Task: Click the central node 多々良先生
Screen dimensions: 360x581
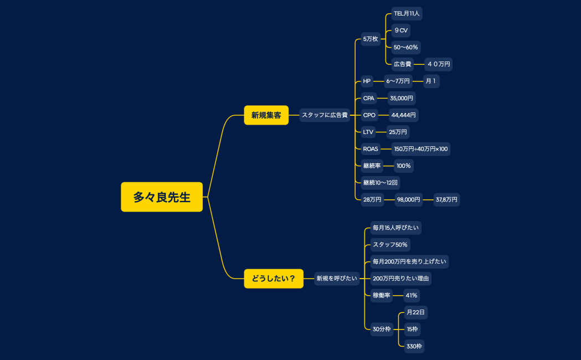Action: [x=162, y=197]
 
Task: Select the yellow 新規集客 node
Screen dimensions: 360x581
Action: [x=266, y=115]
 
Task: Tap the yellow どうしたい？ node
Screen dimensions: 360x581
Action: [x=274, y=279]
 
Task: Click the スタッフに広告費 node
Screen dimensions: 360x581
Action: [x=325, y=115]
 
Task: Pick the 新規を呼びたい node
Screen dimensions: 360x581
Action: [x=337, y=279]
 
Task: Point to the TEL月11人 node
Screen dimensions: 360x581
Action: [x=407, y=13]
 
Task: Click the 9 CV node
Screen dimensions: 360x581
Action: [x=401, y=30]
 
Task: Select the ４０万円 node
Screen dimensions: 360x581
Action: [x=439, y=64]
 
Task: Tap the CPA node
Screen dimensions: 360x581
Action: [x=368, y=99]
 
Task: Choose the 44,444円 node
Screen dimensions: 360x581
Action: [x=403, y=115]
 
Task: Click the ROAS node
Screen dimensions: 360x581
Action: [x=371, y=149]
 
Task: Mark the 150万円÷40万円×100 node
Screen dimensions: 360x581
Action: [x=420, y=149]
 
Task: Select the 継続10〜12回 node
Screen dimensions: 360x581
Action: [x=380, y=182]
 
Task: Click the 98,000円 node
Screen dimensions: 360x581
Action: [x=408, y=200]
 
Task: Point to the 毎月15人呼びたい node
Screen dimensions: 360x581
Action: [x=396, y=228]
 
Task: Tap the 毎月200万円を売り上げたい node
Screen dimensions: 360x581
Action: [x=409, y=261]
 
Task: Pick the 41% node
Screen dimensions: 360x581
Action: [x=412, y=295]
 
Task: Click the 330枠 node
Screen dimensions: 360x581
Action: [x=414, y=347]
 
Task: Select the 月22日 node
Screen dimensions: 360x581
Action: [x=415, y=312]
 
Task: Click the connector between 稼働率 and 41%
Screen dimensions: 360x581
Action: [x=398, y=295]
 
